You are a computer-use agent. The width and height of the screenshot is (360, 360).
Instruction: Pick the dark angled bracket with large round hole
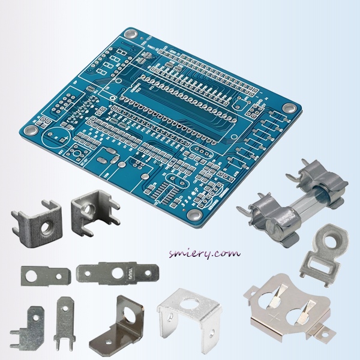click(120, 326)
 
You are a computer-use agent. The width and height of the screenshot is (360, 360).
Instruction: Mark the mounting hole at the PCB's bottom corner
click(193, 214)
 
